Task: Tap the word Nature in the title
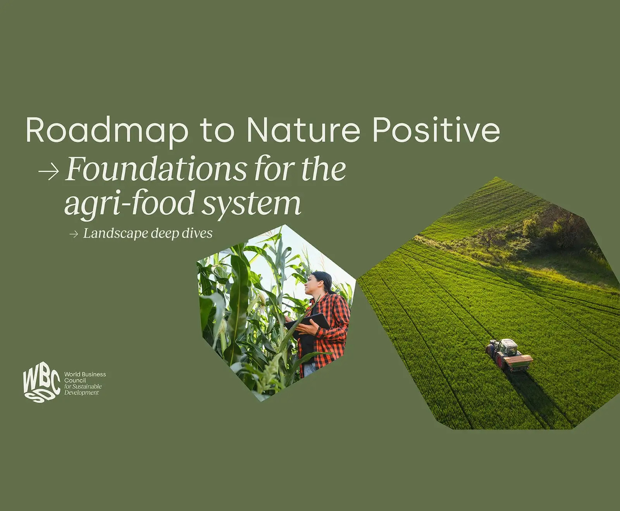pos(303,130)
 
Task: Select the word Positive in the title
pos(436,130)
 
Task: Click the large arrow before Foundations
pos(49,171)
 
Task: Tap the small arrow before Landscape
pos(74,234)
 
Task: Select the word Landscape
pos(115,233)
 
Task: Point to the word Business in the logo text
pos(93,374)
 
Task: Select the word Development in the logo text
pos(81,393)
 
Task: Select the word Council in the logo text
pos(75,381)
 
